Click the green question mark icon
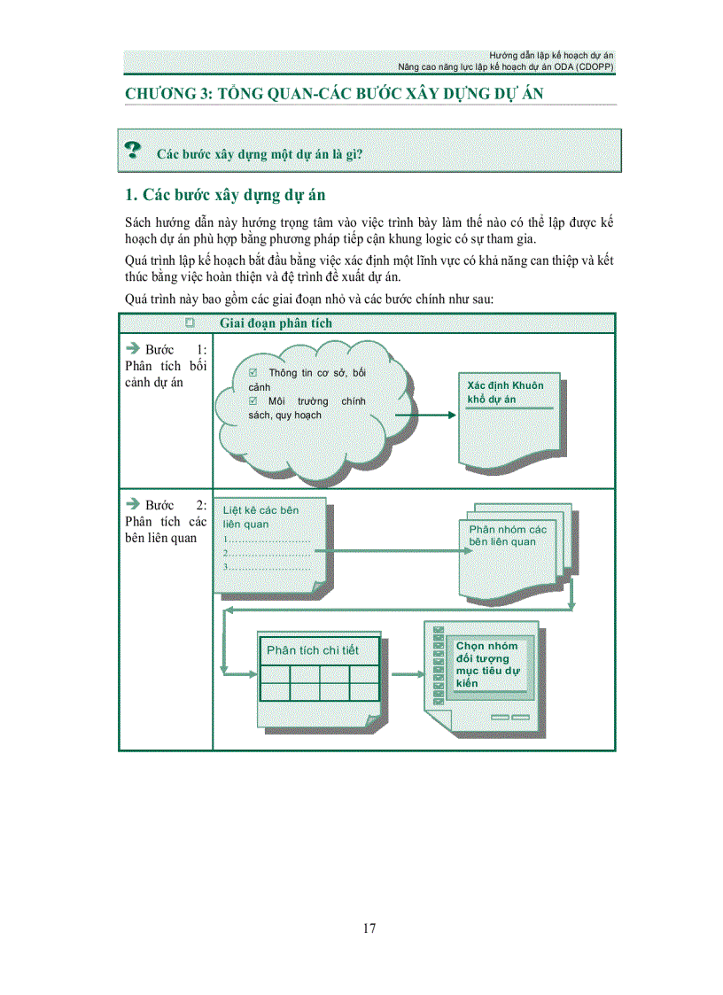click(x=133, y=150)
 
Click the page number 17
click(x=369, y=929)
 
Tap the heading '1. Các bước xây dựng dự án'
click(x=219, y=195)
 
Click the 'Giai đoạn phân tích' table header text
click(x=276, y=323)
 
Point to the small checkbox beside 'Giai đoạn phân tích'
click(x=190, y=323)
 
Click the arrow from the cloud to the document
click(x=425, y=414)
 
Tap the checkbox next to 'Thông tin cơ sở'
click(x=253, y=373)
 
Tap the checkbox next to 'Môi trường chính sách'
click(x=253, y=401)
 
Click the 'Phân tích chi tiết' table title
click(x=313, y=650)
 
